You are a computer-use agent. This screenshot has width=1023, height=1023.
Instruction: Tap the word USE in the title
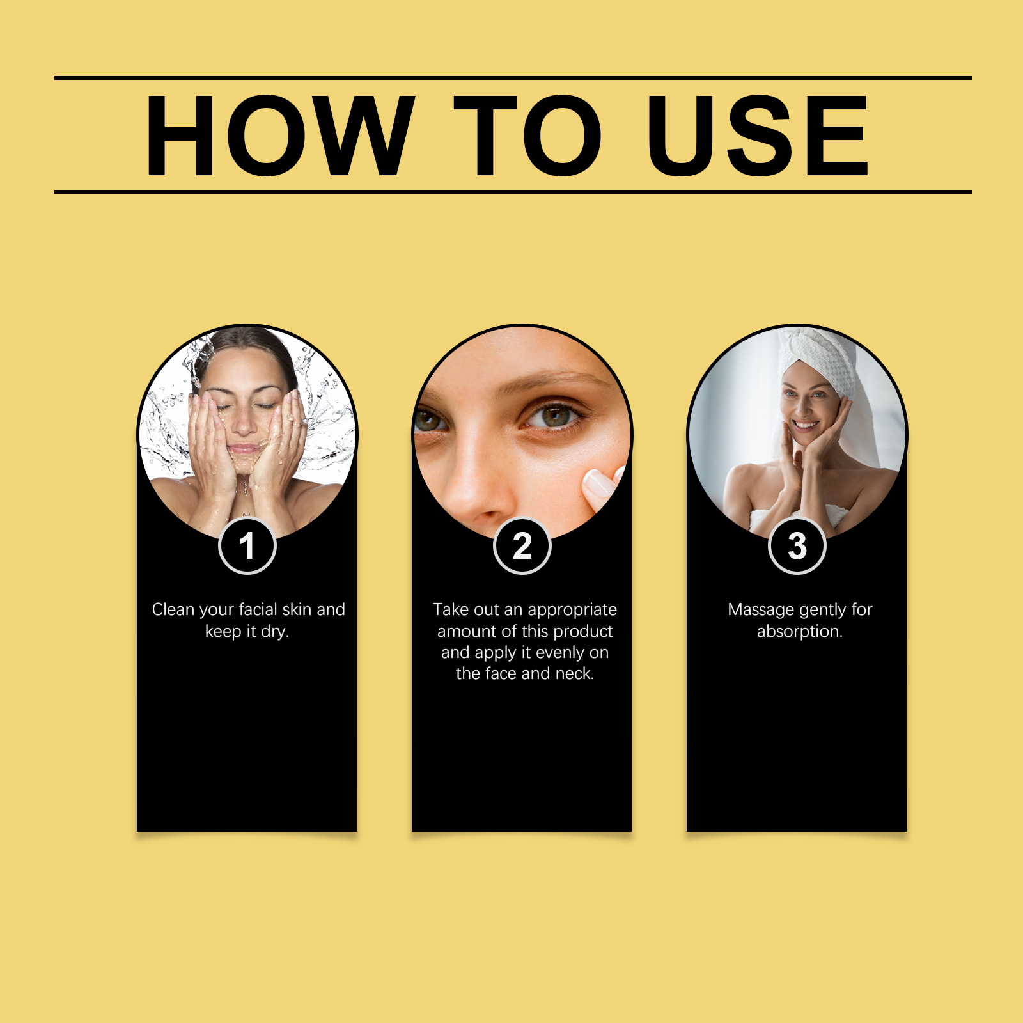pyautogui.click(x=757, y=136)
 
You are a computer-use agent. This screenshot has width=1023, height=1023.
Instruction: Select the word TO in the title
pyautogui.click(x=527, y=136)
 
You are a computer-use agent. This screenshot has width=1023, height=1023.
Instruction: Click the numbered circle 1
pyautogui.click(x=247, y=546)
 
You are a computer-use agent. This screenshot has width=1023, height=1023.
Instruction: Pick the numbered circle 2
pyautogui.click(x=522, y=546)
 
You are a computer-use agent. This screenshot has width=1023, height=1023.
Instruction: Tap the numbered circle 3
pyautogui.click(x=797, y=546)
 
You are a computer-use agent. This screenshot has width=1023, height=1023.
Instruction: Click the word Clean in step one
pyautogui.click(x=173, y=609)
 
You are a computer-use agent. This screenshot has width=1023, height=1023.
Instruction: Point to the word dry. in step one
pyautogui.click(x=275, y=632)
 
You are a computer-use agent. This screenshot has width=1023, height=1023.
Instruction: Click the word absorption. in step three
pyautogui.click(x=800, y=632)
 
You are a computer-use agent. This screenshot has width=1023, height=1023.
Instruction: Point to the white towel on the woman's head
pyautogui.click(x=822, y=358)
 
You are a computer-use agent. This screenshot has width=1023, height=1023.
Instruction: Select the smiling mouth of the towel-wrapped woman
pyautogui.click(x=806, y=425)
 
